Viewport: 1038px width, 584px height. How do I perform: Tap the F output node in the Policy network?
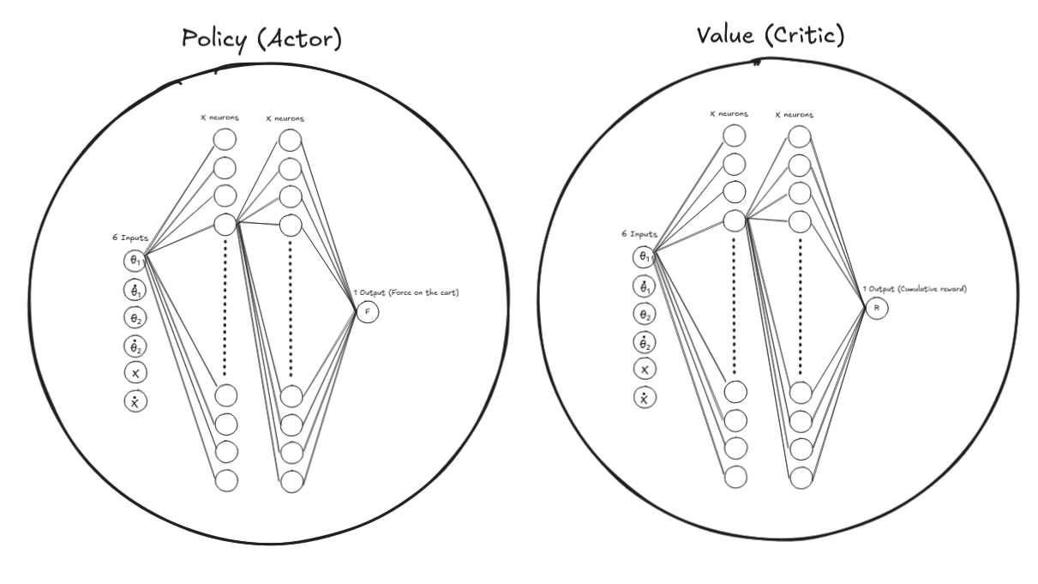(368, 312)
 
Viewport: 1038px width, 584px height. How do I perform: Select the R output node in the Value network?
(876, 308)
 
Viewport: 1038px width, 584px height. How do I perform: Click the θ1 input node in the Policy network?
(135, 259)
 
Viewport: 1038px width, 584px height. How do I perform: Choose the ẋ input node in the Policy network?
(135, 400)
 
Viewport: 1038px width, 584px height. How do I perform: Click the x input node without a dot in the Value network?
(645, 369)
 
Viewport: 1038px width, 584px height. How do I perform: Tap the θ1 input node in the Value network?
(645, 256)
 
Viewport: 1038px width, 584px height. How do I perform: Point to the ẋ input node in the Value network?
(645, 397)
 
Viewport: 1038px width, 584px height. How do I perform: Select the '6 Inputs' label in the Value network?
(639, 233)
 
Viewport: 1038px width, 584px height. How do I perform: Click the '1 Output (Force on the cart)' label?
(408, 293)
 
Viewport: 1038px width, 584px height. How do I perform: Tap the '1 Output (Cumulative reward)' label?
(915, 289)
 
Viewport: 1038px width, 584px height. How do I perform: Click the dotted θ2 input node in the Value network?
(645, 341)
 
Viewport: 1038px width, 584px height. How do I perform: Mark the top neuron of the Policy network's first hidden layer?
(225, 140)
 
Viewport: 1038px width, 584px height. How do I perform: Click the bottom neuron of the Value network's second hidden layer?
(801, 478)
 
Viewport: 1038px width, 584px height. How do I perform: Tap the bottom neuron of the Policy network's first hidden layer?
(225, 481)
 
